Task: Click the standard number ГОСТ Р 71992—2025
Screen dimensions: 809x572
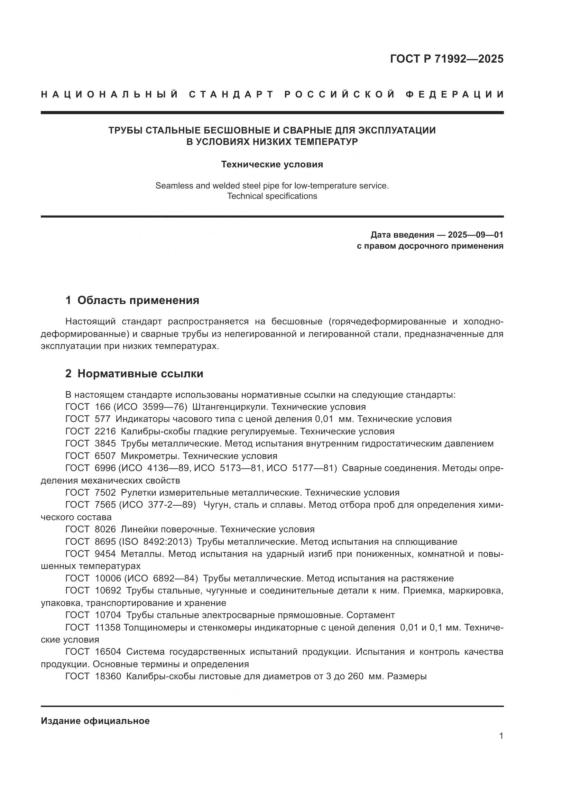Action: [446, 59]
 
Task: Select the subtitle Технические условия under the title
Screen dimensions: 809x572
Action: [272, 165]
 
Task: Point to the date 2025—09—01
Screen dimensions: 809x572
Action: [476, 235]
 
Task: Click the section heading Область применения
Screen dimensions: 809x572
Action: [138, 300]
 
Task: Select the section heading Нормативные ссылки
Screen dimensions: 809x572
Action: [140, 374]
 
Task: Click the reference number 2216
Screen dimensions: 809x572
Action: [105, 431]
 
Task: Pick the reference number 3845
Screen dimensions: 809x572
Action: [105, 444]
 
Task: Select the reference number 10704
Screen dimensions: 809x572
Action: [108, 615]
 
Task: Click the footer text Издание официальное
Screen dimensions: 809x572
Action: [95, 721]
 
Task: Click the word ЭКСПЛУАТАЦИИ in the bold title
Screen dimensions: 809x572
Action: [397, 130]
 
